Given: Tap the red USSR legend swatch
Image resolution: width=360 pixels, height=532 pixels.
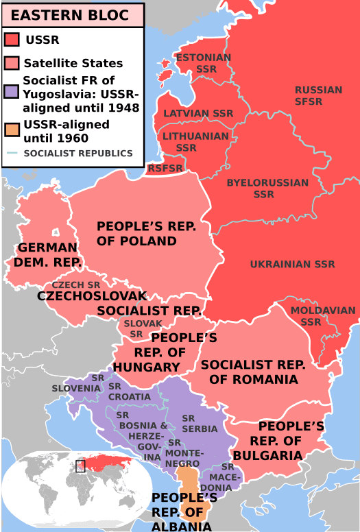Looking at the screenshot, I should (12, 40).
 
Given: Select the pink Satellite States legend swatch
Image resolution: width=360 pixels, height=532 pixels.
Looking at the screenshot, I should (12, 63).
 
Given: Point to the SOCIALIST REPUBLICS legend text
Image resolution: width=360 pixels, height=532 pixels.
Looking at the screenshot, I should (77, 154).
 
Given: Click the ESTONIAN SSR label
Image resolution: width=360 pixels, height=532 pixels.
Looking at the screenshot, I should (204, 63).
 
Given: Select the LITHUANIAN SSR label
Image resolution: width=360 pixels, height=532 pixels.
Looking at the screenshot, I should (195, 141).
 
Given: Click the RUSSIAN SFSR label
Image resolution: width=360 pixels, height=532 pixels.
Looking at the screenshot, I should (318, 95).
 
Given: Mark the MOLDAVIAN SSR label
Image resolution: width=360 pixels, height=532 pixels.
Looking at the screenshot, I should (313, 316).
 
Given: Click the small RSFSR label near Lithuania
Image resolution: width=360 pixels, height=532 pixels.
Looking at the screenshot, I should (165, 167).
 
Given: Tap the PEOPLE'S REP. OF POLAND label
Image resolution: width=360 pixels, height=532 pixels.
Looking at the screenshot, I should (137, 233).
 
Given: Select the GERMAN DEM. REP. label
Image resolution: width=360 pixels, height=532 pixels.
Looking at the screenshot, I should (48, 254).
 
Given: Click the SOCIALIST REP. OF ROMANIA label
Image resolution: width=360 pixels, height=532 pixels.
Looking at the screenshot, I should (249, 372).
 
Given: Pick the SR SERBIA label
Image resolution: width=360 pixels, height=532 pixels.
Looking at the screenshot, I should (200, 423).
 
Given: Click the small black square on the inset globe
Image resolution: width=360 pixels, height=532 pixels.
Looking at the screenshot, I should (80, 466).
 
